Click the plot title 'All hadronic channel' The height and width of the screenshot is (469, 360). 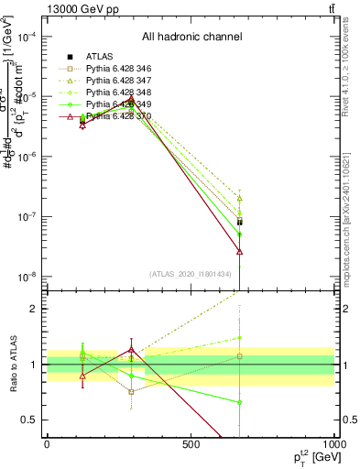tap(191, 37)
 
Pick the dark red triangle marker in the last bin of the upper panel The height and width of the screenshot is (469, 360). tap(239, 251)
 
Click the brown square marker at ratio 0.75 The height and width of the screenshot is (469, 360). tap(132, 392)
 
